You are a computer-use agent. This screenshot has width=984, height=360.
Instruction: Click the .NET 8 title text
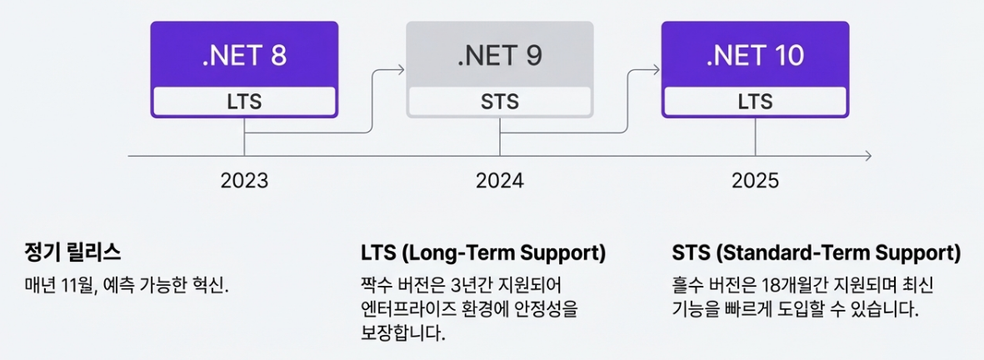coord(244,56)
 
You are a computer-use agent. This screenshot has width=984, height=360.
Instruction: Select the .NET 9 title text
coord(500,56)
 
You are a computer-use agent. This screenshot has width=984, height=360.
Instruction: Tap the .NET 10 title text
coord(755,56)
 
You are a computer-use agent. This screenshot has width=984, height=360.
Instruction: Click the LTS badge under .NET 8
coord(244,102)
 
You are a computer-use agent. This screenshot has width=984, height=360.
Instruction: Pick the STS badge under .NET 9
coord(500,102)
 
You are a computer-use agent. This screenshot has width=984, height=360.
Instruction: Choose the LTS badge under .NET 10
coord(755,102)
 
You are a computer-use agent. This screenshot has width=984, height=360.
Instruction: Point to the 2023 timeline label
coord(244,180)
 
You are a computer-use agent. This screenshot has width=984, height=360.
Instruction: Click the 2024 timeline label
coord(500,180)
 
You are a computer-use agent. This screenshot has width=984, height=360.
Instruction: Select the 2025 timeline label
coord(755,180)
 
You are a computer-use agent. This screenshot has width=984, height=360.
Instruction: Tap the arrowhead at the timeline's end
coord(868,156)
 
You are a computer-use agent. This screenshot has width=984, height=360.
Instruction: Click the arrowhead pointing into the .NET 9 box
coord(402,70)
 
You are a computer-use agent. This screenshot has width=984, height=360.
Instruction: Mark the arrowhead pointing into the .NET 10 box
coord(657,70)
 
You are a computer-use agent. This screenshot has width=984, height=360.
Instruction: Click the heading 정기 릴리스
coord(73,252)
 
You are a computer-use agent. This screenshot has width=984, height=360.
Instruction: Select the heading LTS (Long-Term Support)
coord(483,252)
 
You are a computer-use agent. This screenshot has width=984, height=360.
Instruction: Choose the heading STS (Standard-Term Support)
coord(816,252)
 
